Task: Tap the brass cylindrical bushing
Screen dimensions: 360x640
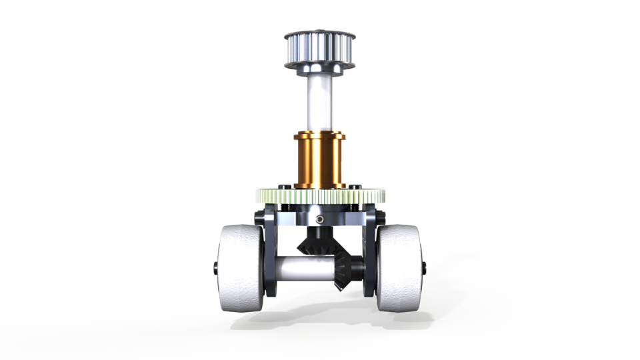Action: (x=319, y=160)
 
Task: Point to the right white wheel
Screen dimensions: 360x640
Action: (x=398, y=267)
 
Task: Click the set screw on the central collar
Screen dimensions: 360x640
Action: (x=321, y=219)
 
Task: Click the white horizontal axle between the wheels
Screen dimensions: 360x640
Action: (x=303, y=269)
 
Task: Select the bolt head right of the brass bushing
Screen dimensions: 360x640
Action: (x=355, y=185)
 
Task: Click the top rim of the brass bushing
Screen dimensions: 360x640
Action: (x=319, y=136)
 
